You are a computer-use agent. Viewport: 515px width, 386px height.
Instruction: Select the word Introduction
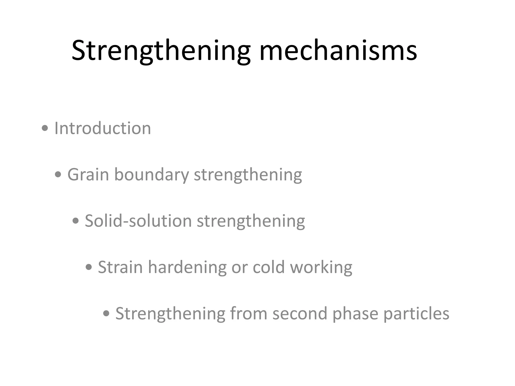point(103,128)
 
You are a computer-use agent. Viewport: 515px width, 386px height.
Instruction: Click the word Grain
point(88,174)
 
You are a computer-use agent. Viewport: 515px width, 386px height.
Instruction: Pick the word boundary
point(152,174)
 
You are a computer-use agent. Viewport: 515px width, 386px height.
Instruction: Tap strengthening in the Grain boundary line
point(248,174)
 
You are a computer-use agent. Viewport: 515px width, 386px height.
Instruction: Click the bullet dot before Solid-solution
point(75,221)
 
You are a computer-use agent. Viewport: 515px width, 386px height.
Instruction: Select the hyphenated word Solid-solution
point(138,221)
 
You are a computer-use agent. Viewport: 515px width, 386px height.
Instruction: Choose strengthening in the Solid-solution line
point(251,221)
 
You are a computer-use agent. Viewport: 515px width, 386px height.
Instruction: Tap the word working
point(321,267)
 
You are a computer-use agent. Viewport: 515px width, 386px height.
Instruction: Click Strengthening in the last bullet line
point(170,313)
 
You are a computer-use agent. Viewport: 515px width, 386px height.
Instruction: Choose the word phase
point(355,313)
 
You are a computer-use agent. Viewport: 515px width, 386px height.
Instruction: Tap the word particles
point(416,313)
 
